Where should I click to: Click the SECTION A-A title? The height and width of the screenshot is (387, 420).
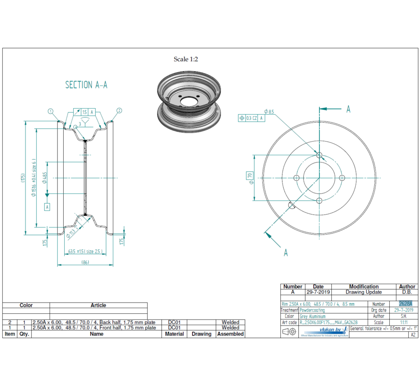pos(86,85)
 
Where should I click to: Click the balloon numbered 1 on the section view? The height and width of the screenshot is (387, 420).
pos(50,111)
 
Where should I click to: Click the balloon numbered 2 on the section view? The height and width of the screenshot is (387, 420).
pos(119,111)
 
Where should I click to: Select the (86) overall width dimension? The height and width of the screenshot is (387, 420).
pos(85,262)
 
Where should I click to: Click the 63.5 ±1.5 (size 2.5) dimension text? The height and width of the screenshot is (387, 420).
pos(85,251)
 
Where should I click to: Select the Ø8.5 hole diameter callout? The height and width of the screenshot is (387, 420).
pos(269,111)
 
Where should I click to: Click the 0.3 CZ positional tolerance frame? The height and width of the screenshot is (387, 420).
pos(252,118)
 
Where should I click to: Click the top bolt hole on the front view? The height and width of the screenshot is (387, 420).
pos(319,155)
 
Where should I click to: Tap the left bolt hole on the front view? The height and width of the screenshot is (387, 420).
pos(296,178)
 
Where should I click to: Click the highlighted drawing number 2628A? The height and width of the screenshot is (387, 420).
pos(405,304)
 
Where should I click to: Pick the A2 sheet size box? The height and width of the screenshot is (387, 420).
pos(413,334)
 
